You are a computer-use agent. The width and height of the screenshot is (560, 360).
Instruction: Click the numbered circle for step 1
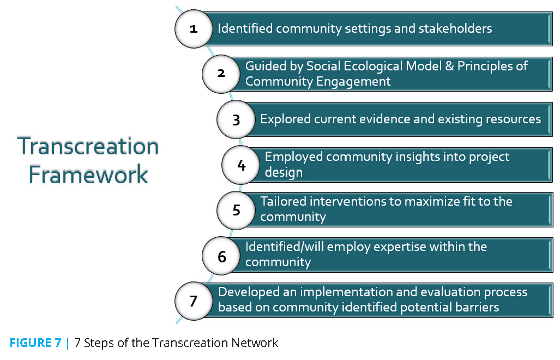click(x=194, y=29)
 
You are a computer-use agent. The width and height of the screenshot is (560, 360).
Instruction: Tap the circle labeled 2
click(x=221, y=74)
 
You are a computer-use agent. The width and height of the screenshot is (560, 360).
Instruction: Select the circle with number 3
click(x=236, y=119)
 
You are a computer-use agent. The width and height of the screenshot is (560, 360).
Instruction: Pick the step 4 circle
click(x=240, y=165)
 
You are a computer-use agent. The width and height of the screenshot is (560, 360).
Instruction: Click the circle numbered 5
click(x=236, y=210)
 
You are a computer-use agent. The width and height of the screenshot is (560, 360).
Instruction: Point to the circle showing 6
click(x=221, y=256)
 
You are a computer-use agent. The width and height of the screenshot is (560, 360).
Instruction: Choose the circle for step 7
click(x=194, y=301)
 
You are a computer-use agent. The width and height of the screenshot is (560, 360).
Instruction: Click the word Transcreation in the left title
click(x=88, y=146)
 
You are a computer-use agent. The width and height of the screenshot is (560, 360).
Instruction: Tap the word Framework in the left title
click(x=88, y=175)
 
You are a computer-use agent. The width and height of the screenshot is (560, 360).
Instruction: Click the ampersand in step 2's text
click(x=450, y=66)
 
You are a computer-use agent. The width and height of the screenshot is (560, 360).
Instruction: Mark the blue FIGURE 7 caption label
click(x=35, y=343)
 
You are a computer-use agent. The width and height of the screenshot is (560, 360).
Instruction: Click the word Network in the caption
click(x=255, y=343)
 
